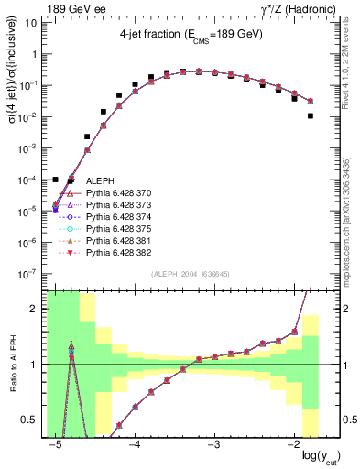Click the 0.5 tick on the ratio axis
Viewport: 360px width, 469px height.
click(x=33, y=420)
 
